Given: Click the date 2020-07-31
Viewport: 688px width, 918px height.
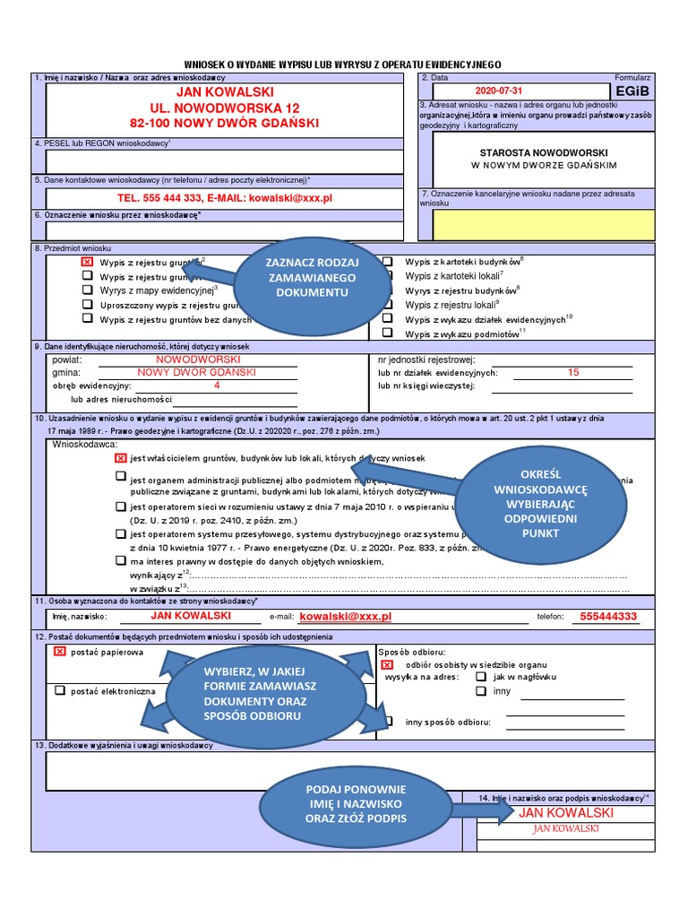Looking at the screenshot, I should point(499,91).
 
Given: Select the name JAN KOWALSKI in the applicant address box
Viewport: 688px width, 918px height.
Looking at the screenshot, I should point(225,92).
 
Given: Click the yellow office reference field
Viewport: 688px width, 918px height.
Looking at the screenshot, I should point(543,224).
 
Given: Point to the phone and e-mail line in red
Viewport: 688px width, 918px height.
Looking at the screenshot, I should point(225,197).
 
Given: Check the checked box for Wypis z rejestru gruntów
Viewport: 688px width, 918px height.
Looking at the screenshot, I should point(87,262).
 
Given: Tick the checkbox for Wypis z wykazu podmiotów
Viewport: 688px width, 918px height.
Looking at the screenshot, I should point(387,333).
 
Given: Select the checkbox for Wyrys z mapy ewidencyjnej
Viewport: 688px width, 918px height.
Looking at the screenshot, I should point(87,290).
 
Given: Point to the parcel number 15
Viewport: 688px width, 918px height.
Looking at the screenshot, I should point(573,372).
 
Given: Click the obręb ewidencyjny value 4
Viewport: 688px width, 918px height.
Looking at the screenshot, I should point(217,385).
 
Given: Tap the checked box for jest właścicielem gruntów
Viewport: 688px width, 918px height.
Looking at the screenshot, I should point(120,458).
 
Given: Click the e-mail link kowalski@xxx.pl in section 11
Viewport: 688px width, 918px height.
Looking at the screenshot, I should point(346,617).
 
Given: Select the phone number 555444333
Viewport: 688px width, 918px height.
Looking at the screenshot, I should point(608,617).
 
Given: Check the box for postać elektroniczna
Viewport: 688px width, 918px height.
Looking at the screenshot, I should point(60,690).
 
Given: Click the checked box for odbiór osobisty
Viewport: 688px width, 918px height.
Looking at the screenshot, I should point(387,665).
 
